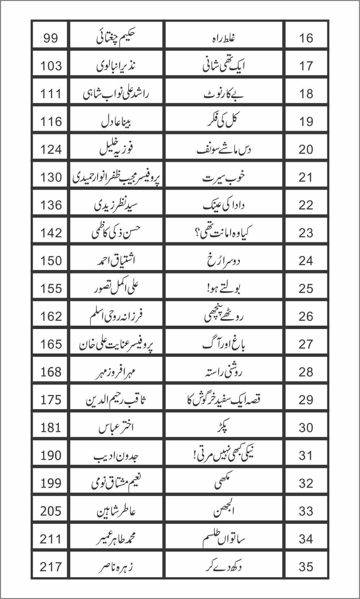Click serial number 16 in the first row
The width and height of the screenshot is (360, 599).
[x=306, y=38]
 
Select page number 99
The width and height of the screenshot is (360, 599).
[x=51, y=38]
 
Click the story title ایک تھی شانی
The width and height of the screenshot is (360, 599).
[x=224, y=66]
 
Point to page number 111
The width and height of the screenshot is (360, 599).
[x=51, y=94]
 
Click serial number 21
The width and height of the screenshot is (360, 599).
[x=306, y=177]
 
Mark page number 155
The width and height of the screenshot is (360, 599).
[x=51, y=289]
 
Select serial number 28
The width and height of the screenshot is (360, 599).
[x=306, y=372]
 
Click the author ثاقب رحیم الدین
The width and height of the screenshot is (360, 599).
[x=116, y=400]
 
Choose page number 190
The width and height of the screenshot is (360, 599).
[x=51, y=455]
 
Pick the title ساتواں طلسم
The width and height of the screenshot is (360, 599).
[x=224, y=539]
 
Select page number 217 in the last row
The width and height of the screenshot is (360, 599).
[x=51, y=567]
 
